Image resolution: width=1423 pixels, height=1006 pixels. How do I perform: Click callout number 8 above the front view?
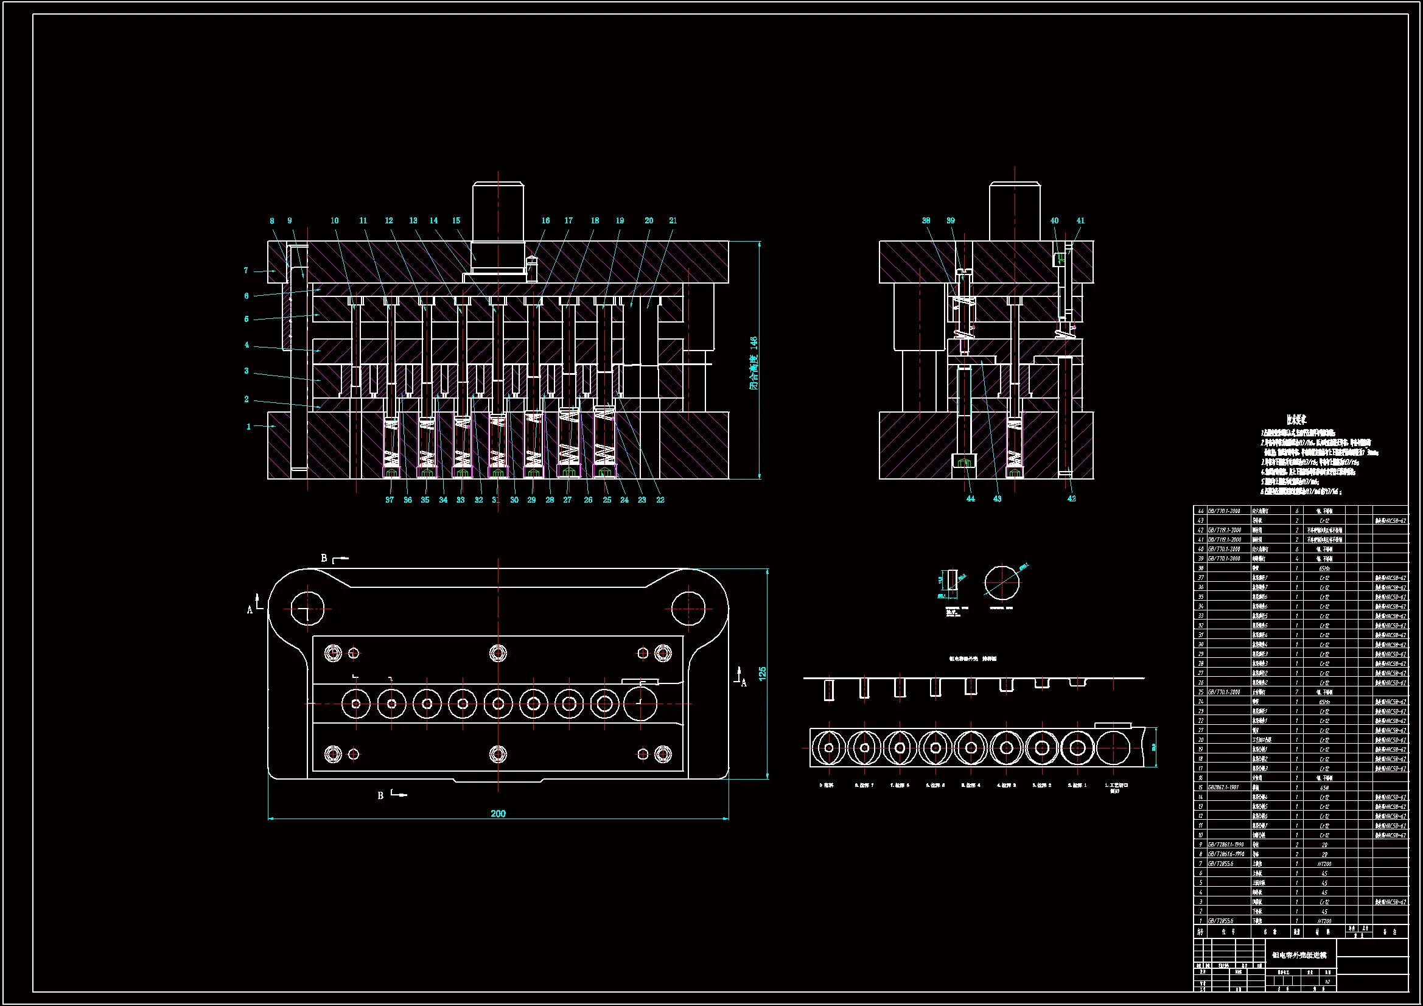pyautogui.click(x=271, y=221)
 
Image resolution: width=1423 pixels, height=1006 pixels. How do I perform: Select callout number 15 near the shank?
pyautogui.click(x=456, y=221)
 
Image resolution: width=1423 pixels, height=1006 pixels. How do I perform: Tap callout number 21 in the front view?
pyautogui.click(x=673, y=221)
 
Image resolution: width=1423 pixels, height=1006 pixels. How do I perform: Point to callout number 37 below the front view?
pyautogui.click(x=389, y=500)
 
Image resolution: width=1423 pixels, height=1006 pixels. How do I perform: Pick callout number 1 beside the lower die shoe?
pyautogui.click(x=248, y=427)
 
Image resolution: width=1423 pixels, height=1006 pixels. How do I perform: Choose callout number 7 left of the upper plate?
pyautogui.click(x=246, y=270)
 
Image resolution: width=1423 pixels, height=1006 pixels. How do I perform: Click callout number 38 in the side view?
pyautogui.click(x=926, y=221)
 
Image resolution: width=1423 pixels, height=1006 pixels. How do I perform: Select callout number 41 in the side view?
pyautogui.click(x=1080, y=221)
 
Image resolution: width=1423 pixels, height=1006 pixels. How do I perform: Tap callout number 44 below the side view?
pyautogui.click(x=971, y=498)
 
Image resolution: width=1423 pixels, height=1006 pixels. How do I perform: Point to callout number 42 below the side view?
pyautogui.click(x=1072, y=498)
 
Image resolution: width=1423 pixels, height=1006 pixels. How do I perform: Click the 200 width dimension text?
pyautogui.click(x=498, y=814)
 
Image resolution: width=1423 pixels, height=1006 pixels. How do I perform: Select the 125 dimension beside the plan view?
pyautogui.click(x=762, y=673)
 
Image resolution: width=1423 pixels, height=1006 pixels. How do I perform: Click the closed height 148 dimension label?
pyautogui.click(x=753, y=363)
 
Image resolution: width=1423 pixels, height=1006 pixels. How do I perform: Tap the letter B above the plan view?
pyautogui.click(x=324, y=558)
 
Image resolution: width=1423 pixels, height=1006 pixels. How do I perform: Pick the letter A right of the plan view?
pyautogui.click(x=744, y=683)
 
